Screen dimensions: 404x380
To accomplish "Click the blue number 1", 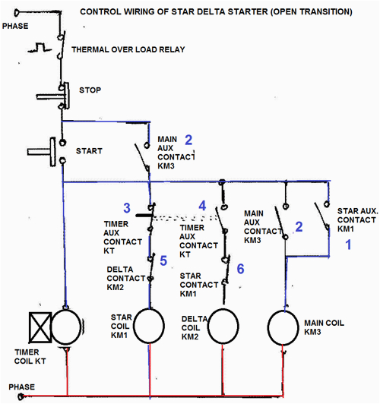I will [x=350, y=245].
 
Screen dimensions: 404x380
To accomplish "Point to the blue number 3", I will [x=127, y=208].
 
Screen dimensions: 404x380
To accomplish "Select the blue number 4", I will [x=202, y=206].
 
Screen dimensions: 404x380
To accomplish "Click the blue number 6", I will [x=240, y=269].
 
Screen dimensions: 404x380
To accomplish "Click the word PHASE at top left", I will [x=17, y=26].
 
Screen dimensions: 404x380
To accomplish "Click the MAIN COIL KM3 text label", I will [x=325, y=327].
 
